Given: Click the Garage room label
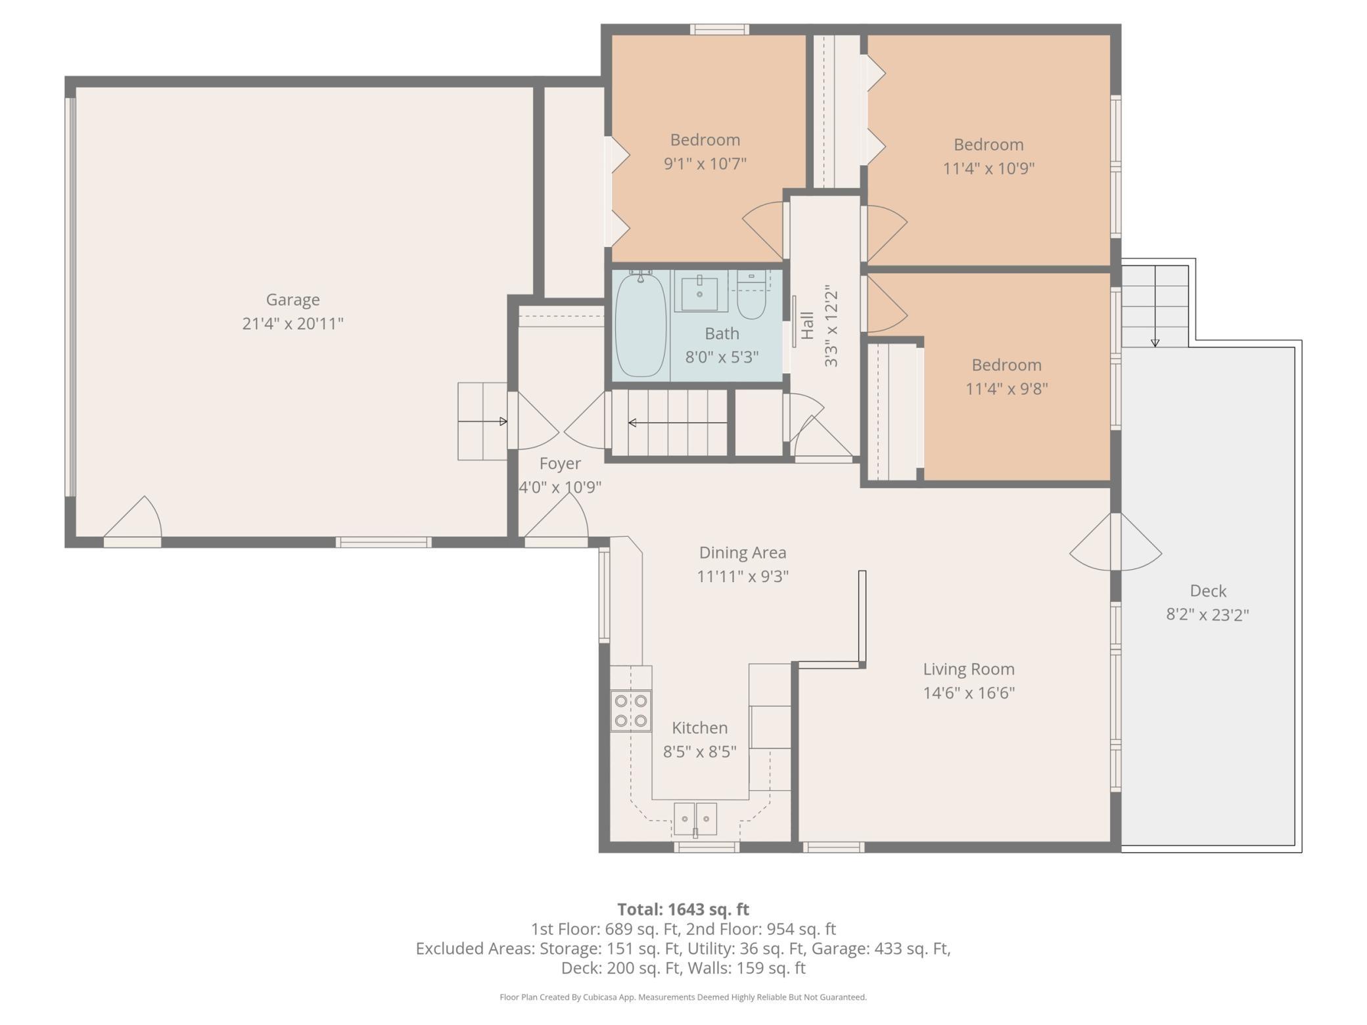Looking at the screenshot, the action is tap(292, 300).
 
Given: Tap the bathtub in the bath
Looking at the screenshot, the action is tap(640, 325).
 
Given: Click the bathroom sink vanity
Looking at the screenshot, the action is tap(701, 291).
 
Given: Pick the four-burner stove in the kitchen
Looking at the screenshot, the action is tap(631, 711).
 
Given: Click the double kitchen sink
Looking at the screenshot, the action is tap(695, 819).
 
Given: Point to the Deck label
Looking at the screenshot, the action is tap(1208, 591).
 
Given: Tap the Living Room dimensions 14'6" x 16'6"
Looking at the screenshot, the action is tap(969, 693).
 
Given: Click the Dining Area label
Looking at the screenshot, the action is tap(743, 553).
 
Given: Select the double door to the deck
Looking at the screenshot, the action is tap(1116, 543).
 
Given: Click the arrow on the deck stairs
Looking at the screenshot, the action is tap(1155, 306).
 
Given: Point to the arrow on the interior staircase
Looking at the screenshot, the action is tap(678, 422).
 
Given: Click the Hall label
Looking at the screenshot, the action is tap(808, 325).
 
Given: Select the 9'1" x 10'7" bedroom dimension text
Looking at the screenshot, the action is tap(705, 164).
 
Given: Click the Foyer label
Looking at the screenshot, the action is tap(560, 464).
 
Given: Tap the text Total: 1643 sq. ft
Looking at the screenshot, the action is tap(683, 909).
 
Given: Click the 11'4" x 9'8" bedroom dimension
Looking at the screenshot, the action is tap(1006, 389).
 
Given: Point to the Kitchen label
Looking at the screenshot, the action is tap(700, 728).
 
